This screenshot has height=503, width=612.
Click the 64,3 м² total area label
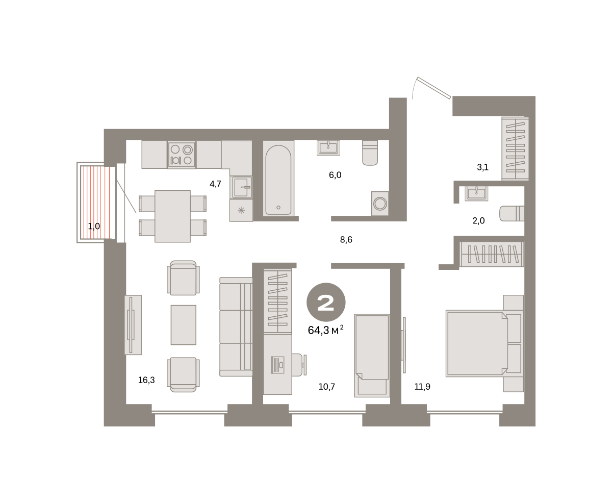[325, 330]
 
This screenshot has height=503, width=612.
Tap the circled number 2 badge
[326, 302]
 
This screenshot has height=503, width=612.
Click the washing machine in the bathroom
[380, 204]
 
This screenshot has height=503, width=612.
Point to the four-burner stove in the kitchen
[182, 155]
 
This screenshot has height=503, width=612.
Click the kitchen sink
[241, 187]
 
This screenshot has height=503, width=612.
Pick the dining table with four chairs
[172, 216]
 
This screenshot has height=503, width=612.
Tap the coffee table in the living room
[183, 325]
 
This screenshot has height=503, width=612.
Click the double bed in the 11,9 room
[484, 343]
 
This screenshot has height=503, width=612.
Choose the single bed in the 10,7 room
[372, 355]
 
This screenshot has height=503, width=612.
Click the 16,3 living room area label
[146, 380]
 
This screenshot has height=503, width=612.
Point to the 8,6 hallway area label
[346, 240]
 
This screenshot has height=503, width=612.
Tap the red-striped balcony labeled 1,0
[95, 203]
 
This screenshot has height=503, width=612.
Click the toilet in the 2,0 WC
[512, 213]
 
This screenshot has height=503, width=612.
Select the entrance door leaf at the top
[434, 88]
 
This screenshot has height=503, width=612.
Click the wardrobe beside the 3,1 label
[515, 148]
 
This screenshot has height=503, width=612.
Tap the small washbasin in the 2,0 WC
[476, 193]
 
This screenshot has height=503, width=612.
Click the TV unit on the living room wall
[133, 325]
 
